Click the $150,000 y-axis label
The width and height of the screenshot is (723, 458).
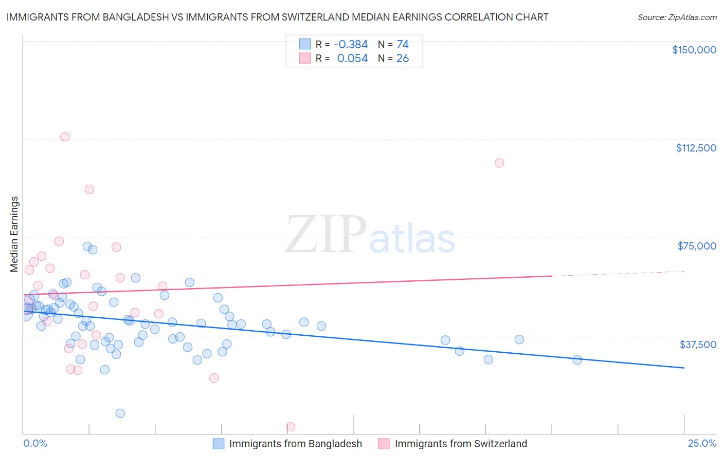(694, 50)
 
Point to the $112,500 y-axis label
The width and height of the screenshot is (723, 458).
(696, 148)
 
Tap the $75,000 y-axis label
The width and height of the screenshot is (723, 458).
(696, 246)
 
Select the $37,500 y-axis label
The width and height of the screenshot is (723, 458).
(697, 345)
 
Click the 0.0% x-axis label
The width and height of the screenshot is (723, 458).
(35, 444)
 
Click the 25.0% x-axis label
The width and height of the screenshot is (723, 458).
(702, 444)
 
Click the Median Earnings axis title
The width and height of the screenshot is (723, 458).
(14, 234)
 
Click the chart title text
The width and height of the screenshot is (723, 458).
(277, 17)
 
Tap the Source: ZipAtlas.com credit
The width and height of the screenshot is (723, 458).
(677, 17)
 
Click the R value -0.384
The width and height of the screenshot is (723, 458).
(351, 45)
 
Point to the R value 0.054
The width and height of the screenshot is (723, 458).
(352, 59)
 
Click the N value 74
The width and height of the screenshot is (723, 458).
(403, 45)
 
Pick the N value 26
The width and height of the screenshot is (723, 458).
(403, 59)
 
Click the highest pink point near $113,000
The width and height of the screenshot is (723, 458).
(65, 137)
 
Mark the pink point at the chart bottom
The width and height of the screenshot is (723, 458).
(290, 427)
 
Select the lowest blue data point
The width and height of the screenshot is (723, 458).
(120, 413)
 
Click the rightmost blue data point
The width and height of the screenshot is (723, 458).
(577, 360)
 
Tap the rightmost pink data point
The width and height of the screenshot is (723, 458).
(499, 163)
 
